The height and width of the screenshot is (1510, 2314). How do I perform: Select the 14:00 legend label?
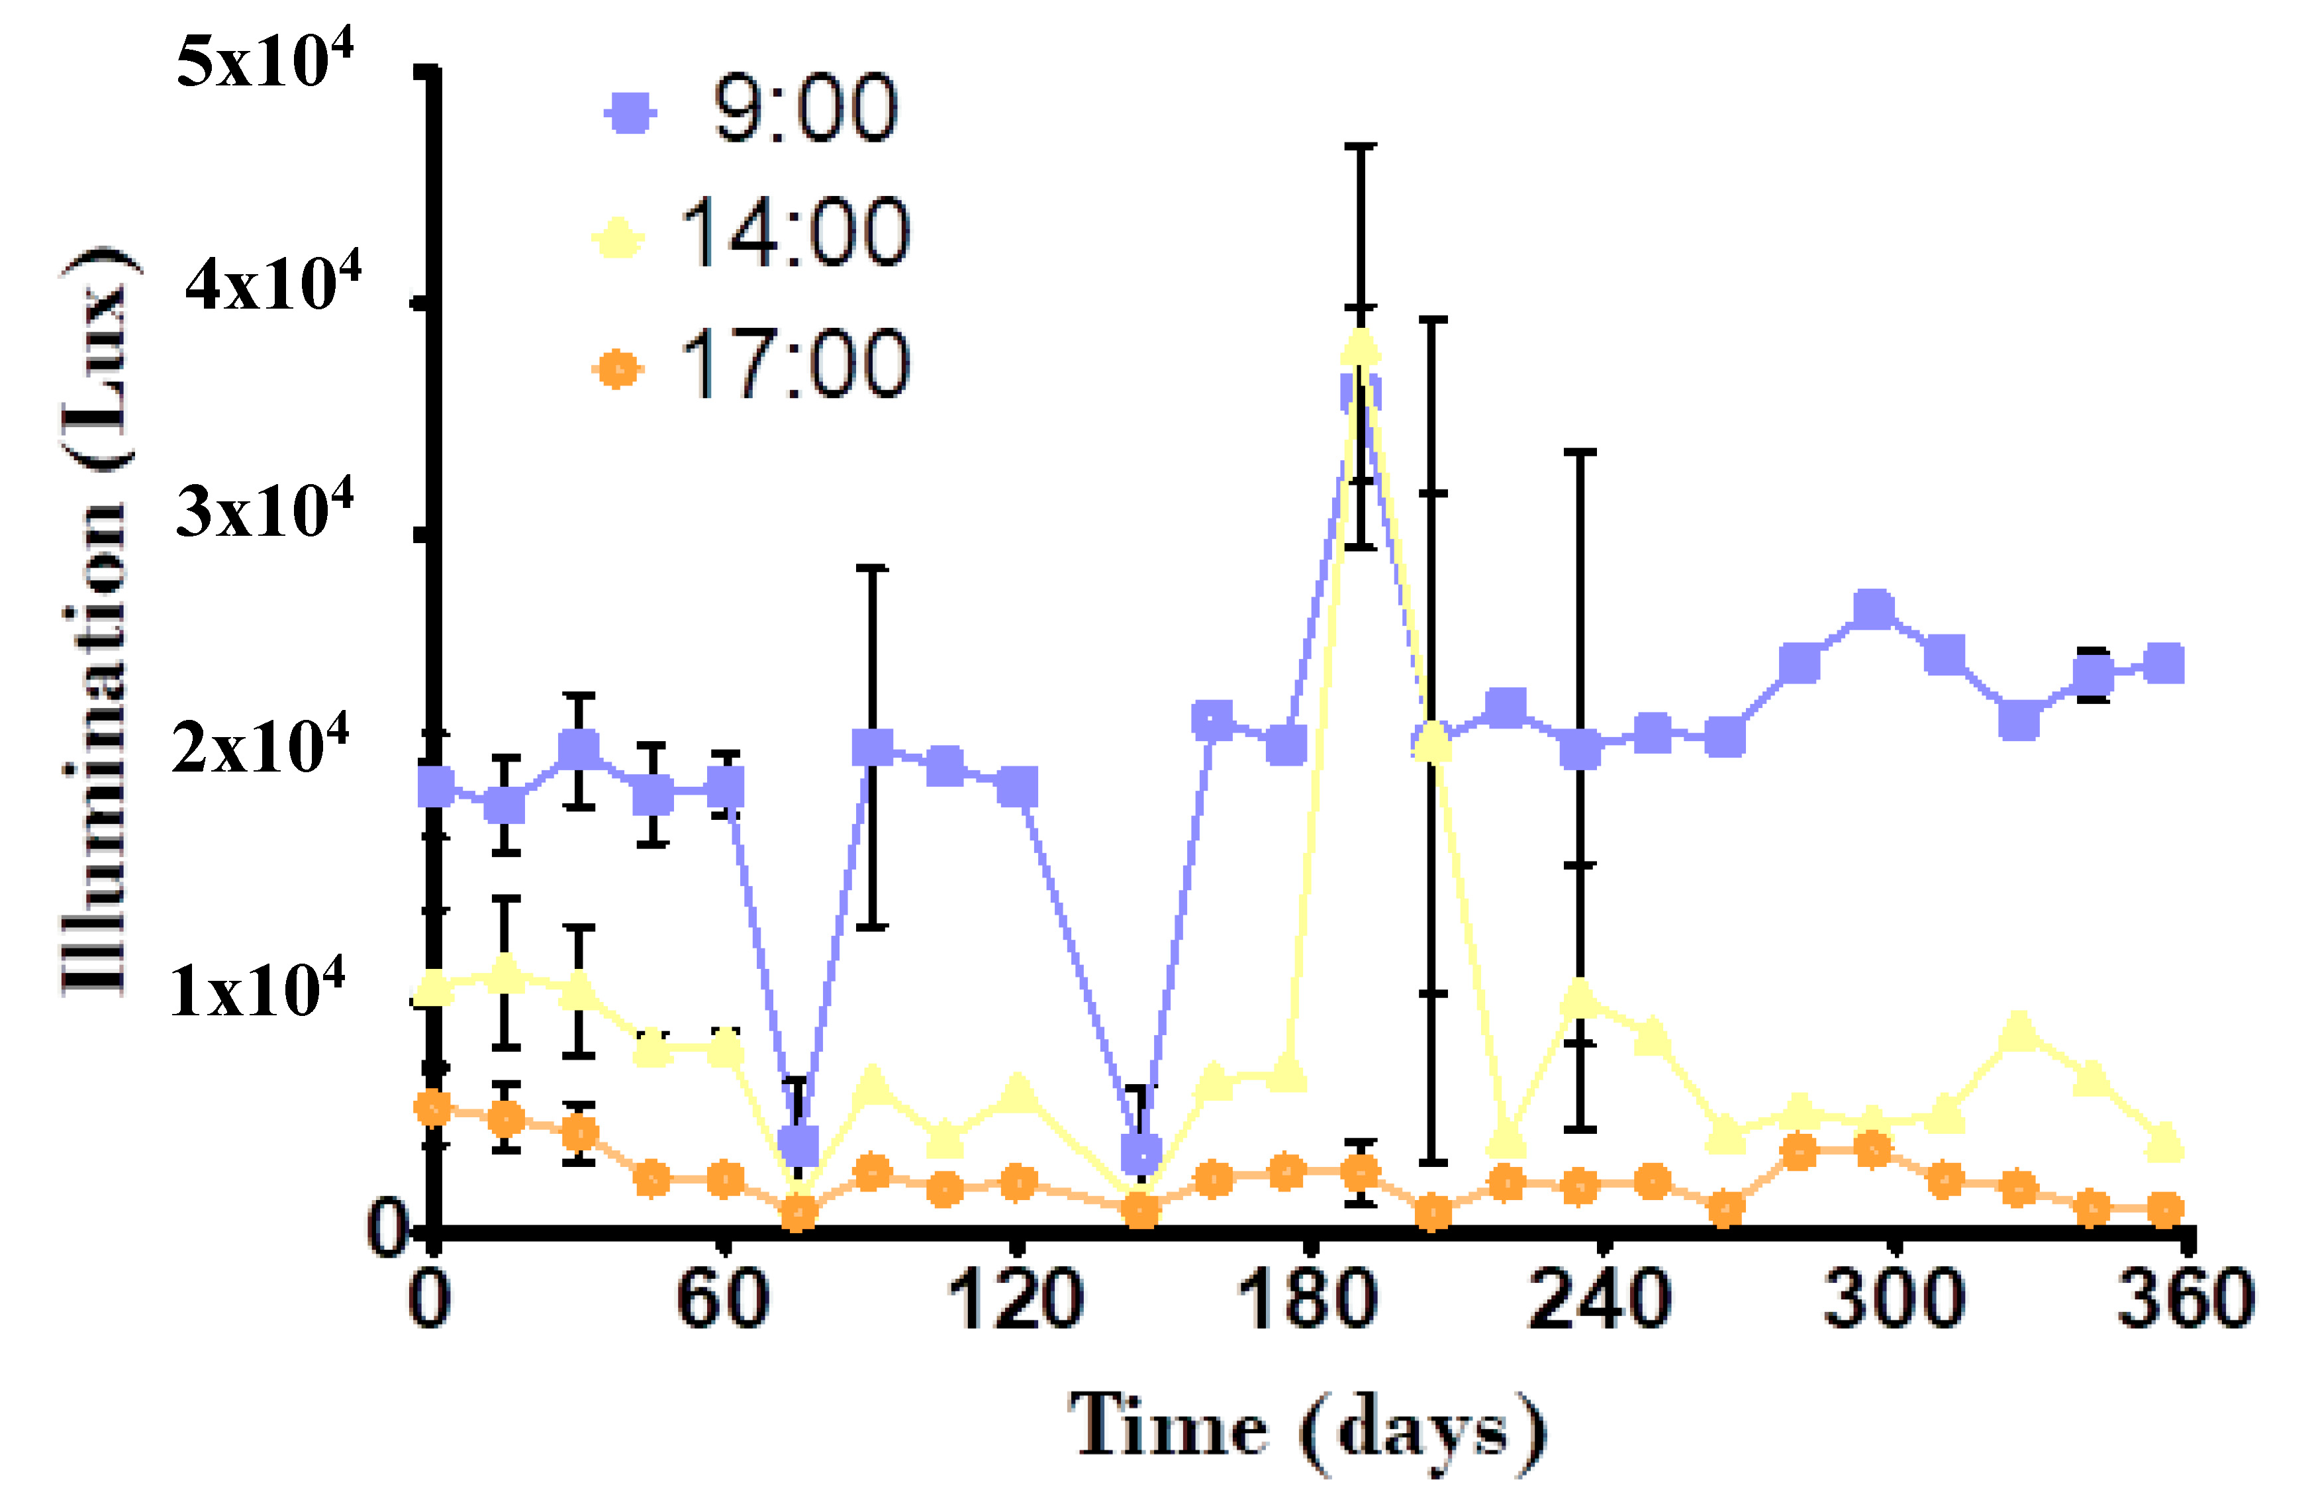pyautogui.click(x=795, y=233)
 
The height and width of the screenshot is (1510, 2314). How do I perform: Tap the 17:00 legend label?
pyautogui.click(x=795, y=366)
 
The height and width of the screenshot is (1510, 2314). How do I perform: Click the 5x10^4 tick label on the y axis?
pyautogui.click(x=264, y=60)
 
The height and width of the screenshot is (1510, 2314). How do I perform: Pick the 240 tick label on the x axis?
pyautogui.click(x=1600, y=1300)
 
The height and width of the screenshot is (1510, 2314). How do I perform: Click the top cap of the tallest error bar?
pyautogui.click(x=1361, y=146)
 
